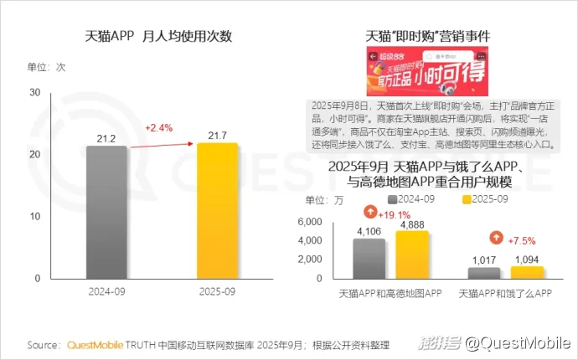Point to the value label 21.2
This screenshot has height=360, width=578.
(106, 137)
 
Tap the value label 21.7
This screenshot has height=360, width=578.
(217, 134)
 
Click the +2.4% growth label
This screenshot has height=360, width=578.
(158, 128)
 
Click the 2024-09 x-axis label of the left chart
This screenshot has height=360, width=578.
(106, 292)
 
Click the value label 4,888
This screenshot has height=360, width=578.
(412, 224)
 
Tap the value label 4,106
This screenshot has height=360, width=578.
(369, 230)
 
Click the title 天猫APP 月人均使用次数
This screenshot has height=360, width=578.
(158, 37)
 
